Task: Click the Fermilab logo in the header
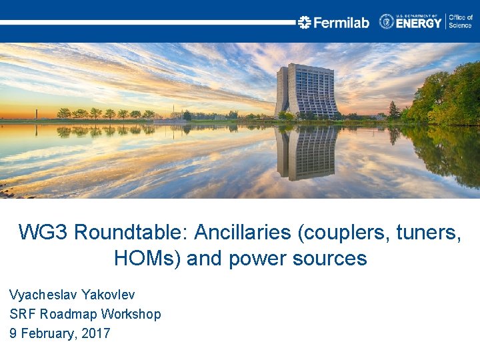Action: (333, 22)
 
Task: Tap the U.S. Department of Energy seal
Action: (387, 21)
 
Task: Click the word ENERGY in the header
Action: (419, 23)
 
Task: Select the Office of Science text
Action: (460, 21)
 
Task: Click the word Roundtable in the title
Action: (133, 233)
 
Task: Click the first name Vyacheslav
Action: (41, 294)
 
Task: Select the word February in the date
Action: (45, 333)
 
